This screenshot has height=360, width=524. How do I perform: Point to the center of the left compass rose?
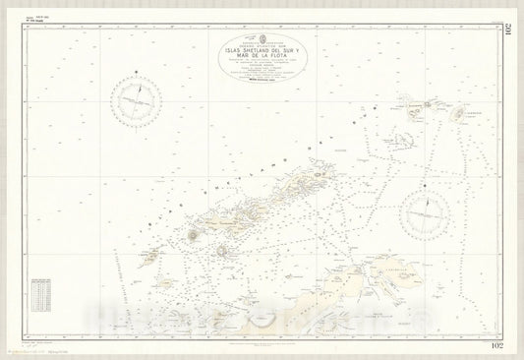pos(141,102)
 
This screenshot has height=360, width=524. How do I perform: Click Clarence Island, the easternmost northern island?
pos(458,114)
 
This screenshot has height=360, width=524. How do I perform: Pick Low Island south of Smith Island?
pos(164,284)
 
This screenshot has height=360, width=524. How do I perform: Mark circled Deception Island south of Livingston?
pos(221,250)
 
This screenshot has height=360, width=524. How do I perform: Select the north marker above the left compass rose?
pos(141,76)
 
